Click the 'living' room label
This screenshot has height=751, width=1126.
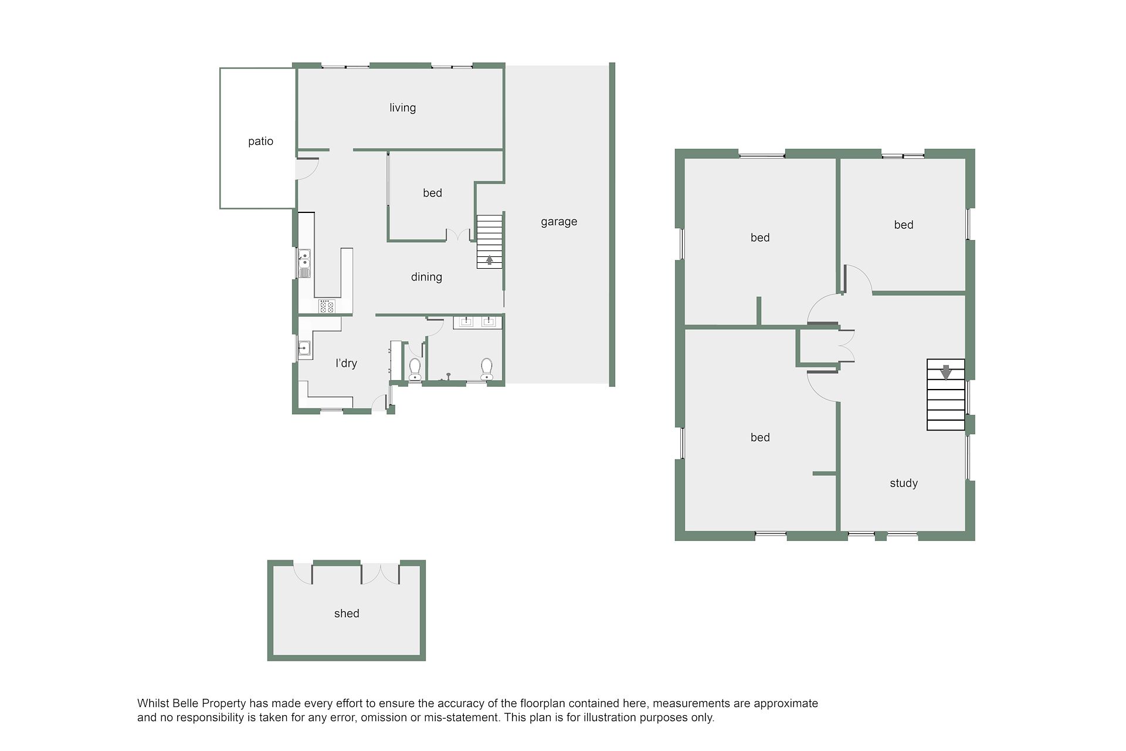coord(402,107)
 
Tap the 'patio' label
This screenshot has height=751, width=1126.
coord(260,141)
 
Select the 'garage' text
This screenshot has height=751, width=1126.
coord(559,222)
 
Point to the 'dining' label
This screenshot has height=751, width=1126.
coord(426,277)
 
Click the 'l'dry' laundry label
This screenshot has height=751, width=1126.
coord(346,363)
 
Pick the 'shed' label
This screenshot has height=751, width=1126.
coord(347,613)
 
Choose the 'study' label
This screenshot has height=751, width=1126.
coord(904,483)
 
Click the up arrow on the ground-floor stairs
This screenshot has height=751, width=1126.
coord(490,259)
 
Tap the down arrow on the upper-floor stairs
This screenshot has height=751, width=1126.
coord(945,372)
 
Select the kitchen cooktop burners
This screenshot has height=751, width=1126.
coord(327,306)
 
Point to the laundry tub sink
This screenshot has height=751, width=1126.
coord(304,349)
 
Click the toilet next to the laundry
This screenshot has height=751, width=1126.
coord(415,368)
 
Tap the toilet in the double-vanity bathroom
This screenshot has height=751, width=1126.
coord(487,368)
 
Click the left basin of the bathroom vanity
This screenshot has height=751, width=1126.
coord(466,321)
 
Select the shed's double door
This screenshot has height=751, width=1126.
coord(380,574)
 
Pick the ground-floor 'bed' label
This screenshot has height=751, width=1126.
coord(433,193)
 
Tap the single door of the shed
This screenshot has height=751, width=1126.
coord(303,573)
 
